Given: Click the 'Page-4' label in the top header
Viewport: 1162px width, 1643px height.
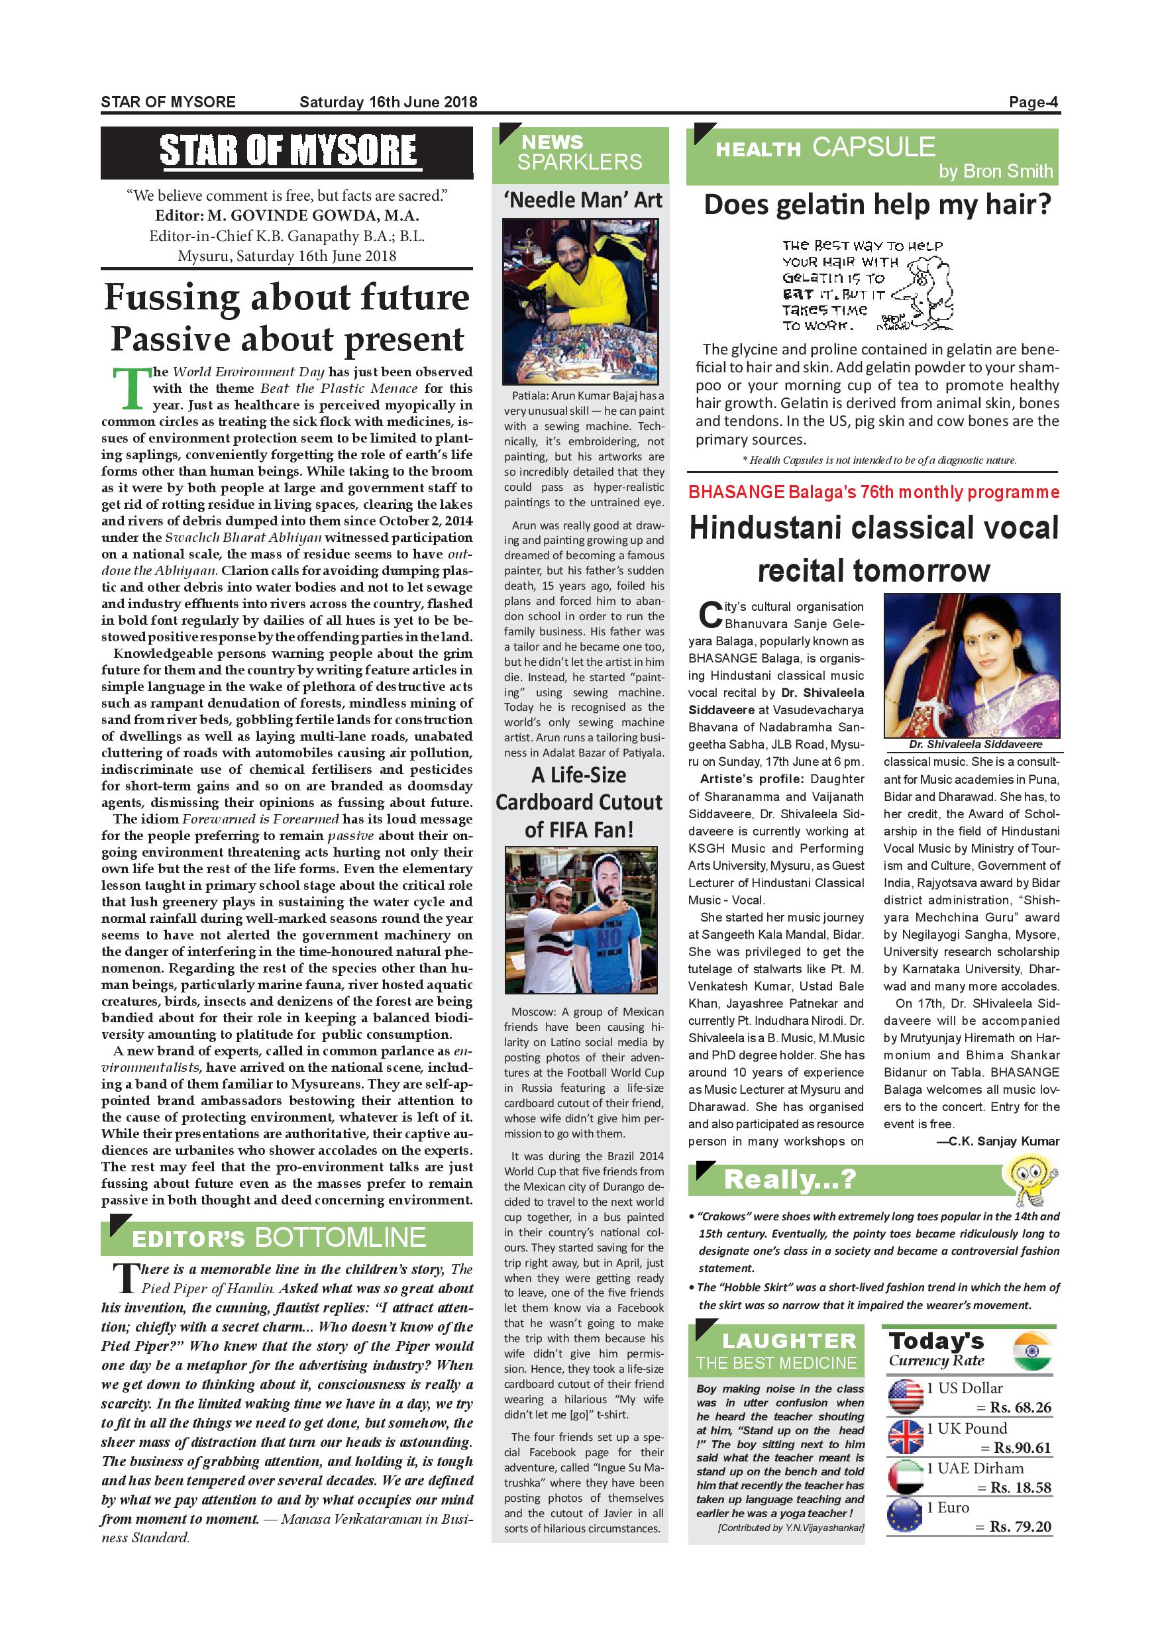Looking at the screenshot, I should click(x=1033, y=102).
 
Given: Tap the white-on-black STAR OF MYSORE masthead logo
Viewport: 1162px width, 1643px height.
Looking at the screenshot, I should click(x=288, y=151).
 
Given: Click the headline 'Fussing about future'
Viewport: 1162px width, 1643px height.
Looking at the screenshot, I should click(x=287, y=297).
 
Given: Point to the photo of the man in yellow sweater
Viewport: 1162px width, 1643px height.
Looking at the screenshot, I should click(x=580, y=301).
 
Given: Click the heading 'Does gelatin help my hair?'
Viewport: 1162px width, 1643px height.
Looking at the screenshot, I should click(x=878, y=205).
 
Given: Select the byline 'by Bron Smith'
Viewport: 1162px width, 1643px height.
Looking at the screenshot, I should click(x=995, y=171).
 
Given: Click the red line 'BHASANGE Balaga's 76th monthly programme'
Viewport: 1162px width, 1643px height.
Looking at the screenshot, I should click(x=874, y=492).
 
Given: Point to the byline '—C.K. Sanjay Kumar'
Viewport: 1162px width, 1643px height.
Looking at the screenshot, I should click(x=998, y=1141).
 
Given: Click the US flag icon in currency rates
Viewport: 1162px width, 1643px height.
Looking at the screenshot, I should click(x=905, y=1397).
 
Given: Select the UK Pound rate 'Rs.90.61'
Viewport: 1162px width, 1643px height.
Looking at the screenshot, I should click(x=1022, y=1448).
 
